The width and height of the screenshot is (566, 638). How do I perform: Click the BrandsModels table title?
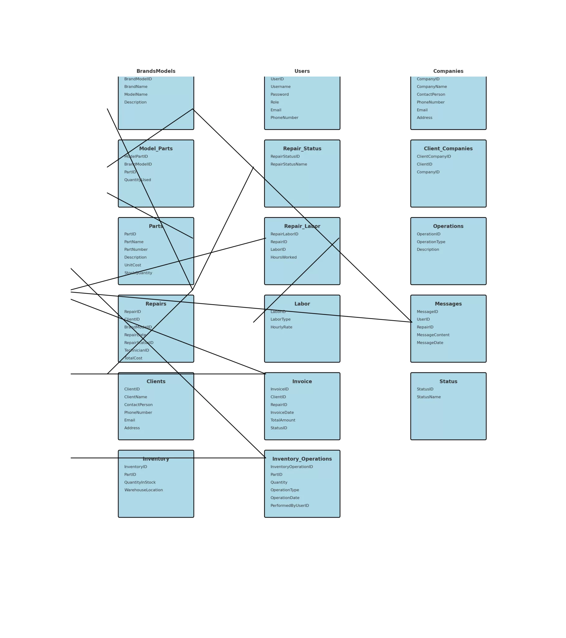(156, 71)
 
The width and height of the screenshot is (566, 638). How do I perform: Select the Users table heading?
(302, 71)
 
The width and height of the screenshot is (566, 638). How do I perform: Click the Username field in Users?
(281, 87)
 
